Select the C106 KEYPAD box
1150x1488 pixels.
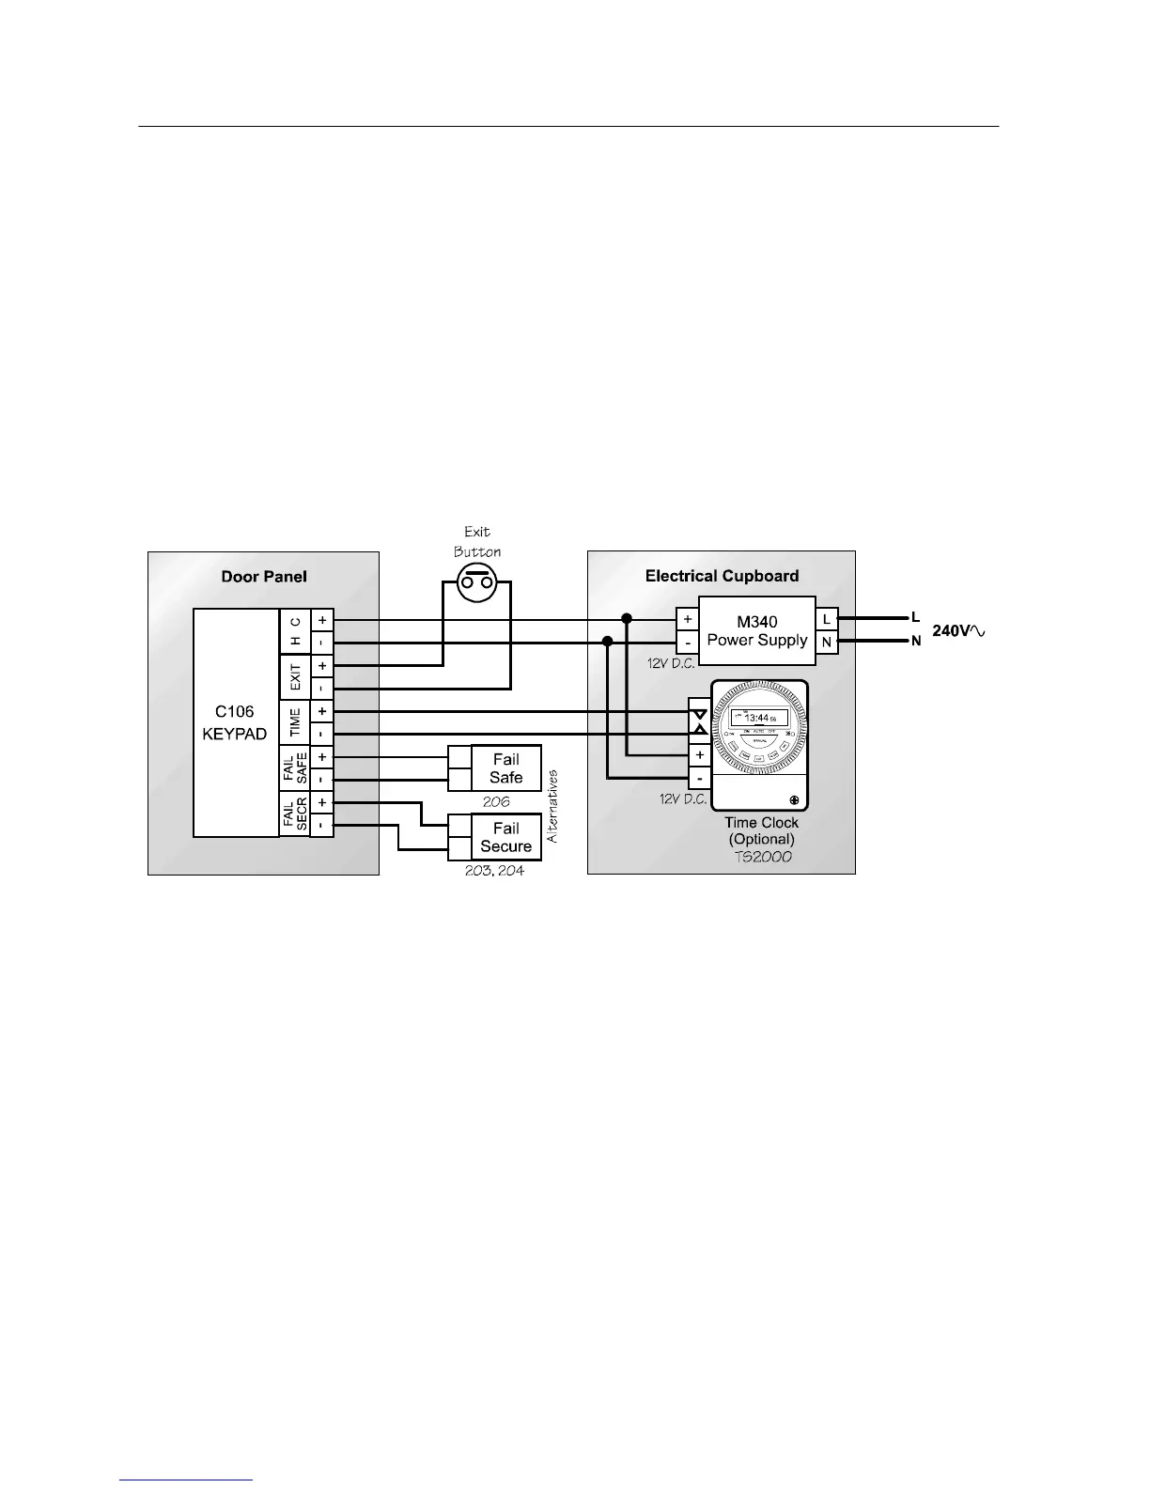(236, 721)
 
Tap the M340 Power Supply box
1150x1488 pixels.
(757, 630)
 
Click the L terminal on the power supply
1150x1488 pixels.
(827, 619)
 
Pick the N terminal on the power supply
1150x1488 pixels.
(827, 643)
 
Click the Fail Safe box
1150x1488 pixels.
(505, 768)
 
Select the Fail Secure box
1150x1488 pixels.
(505, 837)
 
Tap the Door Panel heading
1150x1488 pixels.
(264, 576)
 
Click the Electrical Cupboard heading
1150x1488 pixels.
(722, 576)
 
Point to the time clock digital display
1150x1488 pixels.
(759, 717)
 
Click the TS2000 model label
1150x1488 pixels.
(762, 857)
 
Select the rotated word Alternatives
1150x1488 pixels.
(552, 806)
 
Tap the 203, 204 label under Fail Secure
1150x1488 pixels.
(494, 871)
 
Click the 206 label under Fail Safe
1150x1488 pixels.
(496, 802)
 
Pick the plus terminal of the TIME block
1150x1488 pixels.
(321, 712)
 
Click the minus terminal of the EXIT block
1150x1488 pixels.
(321, 688)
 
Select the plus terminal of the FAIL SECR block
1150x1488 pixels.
(321, 803)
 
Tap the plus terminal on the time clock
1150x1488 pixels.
(699, 755)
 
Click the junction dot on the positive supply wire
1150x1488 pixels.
(627, 618)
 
